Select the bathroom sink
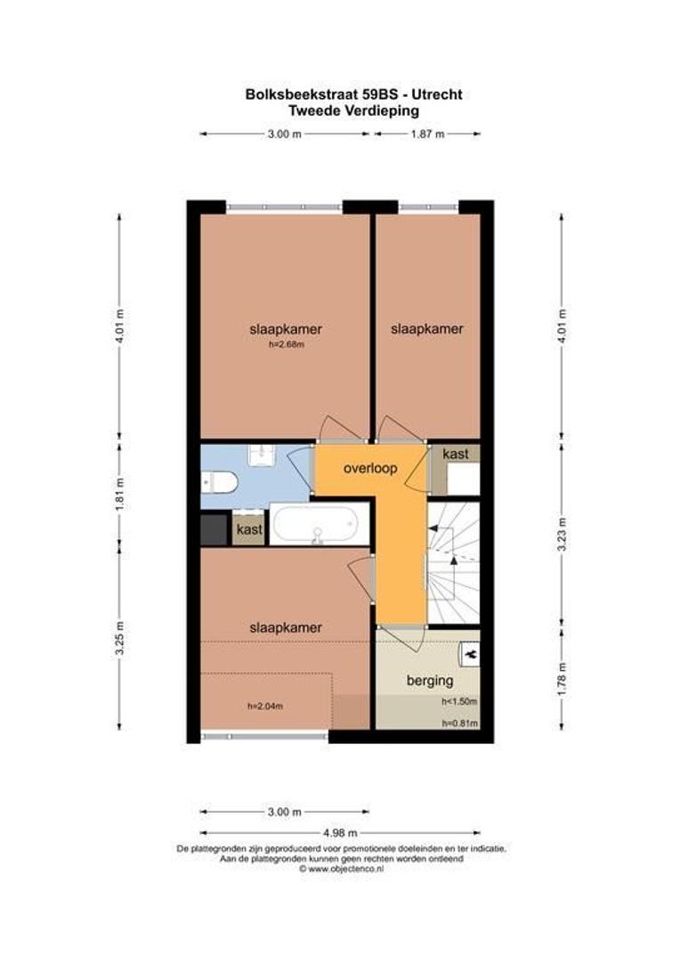pyautogui.click(x=263, y=455)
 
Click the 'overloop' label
pyautogui.click(x=371, y=467)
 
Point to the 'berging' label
pyautogui.click(x=430, y=681)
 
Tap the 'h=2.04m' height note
pyautogui.click(x=264, y=707)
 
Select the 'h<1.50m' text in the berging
pyautogui.click(x=459, y=702)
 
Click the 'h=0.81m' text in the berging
pyautogui.click(x=459, y=723)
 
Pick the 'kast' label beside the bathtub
pyautogui.click(x=249, y=530)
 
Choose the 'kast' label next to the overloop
pyautogui.click(x=456, y=454)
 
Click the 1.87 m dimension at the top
pyautogui.click(x=426, y=134)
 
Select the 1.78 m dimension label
pyautogui.click(x=561, y=679)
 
